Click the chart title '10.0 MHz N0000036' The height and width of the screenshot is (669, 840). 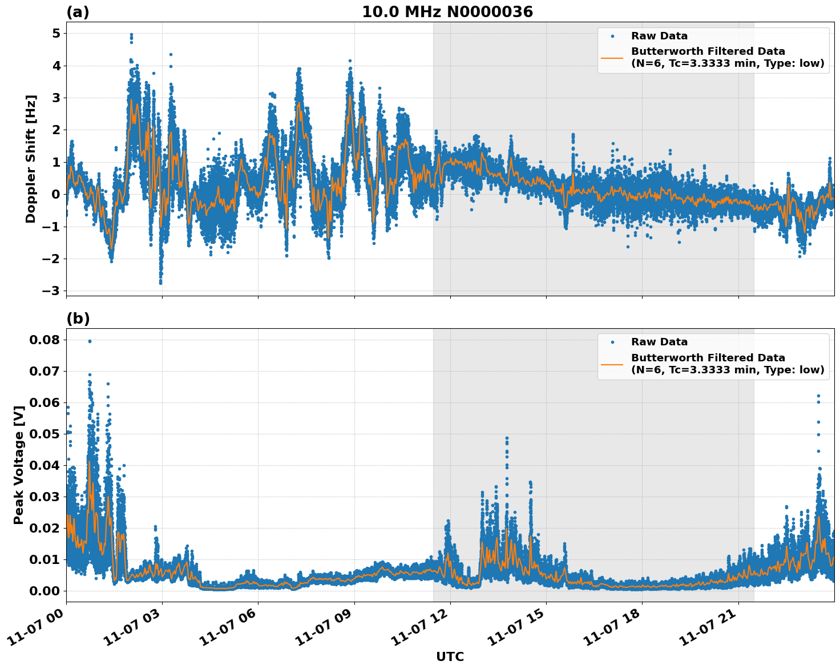pyautogui.click(x=447, y=12)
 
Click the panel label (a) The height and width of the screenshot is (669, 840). pyautogui.click(x=78, y=12)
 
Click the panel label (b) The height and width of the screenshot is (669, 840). pyautogui.click(x=78, y=319)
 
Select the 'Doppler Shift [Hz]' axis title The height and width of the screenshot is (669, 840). pyautogui.click(x=31, y=159)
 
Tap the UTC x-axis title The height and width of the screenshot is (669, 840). pyautogui.click(x=450, y=656)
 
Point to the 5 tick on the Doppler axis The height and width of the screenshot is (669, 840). pyautogui.click(x=56, y=34)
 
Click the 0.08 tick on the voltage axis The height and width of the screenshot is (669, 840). pyautogui.click(x=44, y=340)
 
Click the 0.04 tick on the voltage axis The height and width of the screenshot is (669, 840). pyautogui.click(x=44, y=466)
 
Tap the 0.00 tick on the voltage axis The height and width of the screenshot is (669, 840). pyautogui.click(x=44, y=591)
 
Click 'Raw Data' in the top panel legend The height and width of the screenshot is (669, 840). pyautogui.click(x=659, y=37)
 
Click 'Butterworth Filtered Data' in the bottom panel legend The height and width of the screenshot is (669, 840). pyautogui.click(x=708, y=358)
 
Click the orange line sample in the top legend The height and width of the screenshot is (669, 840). pyautogui.click(x=612, y=58)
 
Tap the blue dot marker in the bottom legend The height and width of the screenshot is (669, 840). pyautogui.click(x=612, y=342)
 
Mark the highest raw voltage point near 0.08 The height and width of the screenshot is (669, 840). pyautogui.click(x=90, y=341)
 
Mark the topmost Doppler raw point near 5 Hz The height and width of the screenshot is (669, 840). pyautogui.click(x=131, y=35)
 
